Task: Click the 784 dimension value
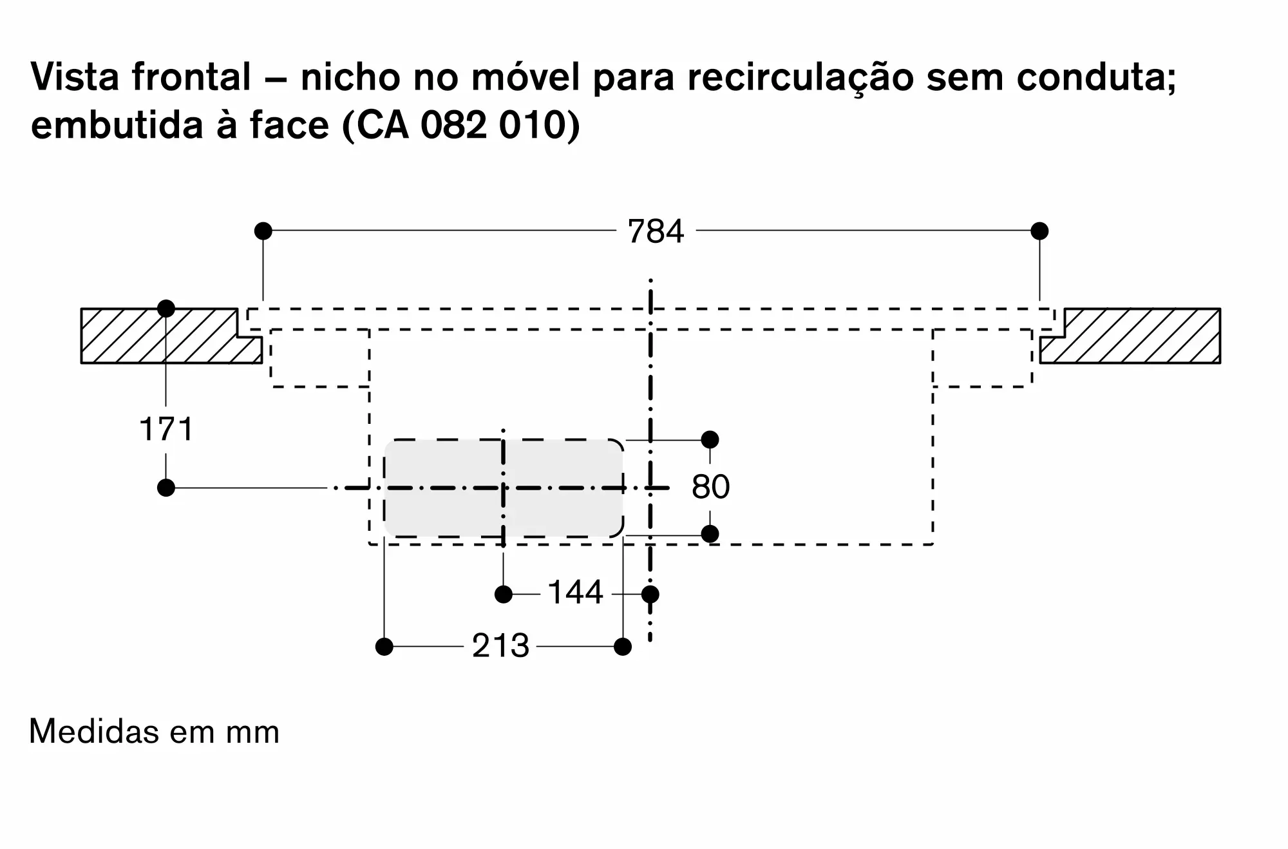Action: [656, 231]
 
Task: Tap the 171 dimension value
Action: [166, 429]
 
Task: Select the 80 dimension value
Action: [710, 487]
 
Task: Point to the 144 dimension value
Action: [575, 593]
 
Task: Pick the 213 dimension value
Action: [500, 646]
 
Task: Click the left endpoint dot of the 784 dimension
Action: [263, 231]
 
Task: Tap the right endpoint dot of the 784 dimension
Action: [1039, 231]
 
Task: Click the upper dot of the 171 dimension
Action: [166, 309]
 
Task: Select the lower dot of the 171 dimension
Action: [166, 488]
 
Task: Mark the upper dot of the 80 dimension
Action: [710, 440]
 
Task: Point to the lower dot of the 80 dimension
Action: [710, 534]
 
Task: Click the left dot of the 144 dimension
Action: [504, 594]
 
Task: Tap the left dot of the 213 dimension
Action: [384, 646]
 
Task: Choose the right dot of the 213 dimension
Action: [623, 646]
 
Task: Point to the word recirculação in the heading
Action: [800, 77]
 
